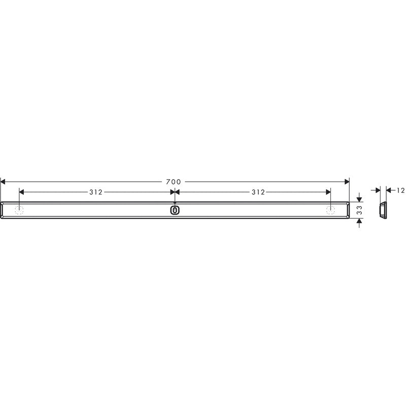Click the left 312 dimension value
coord(96,192)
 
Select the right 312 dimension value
coord(258,192)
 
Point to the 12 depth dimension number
coord(400,190)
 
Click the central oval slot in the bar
coord(175,210)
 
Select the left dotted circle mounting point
coord(19,210)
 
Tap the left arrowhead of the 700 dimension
coord(3,182)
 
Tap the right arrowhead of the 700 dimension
coord(347,182)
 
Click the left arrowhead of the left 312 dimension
coord(22,192)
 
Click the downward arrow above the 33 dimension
coord(359,198)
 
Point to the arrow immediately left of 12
coord(389,190)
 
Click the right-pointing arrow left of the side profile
coord(377,190)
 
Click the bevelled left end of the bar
coord(2,210)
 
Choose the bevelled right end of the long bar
coord(348,210)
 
